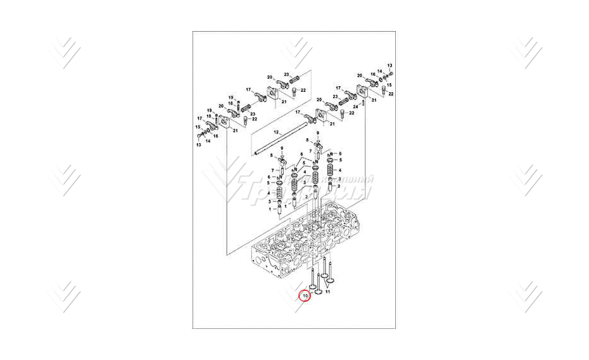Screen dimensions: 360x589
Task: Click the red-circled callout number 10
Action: click(305, 295)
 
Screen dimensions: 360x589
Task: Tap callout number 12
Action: click(258, 131)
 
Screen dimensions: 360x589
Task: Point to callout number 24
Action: click(355, 106)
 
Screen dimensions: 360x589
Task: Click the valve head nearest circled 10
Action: click(313, 288)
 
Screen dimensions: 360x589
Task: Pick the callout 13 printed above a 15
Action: click(390, 65)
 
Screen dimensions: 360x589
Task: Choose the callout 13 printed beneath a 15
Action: click(198, 145)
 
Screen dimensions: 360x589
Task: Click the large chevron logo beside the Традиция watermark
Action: click(225, 181)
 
